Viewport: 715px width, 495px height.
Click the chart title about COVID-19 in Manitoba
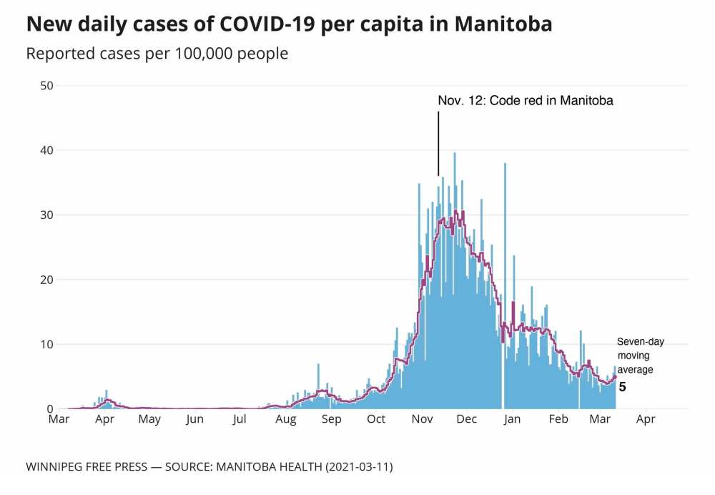[289, 24]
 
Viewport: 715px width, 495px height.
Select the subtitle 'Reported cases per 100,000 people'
[157, 54]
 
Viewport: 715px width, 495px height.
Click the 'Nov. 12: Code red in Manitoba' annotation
[526, 101]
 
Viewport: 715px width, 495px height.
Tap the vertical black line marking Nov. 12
[438, 143]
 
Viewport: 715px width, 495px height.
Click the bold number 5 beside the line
[622, 387]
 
